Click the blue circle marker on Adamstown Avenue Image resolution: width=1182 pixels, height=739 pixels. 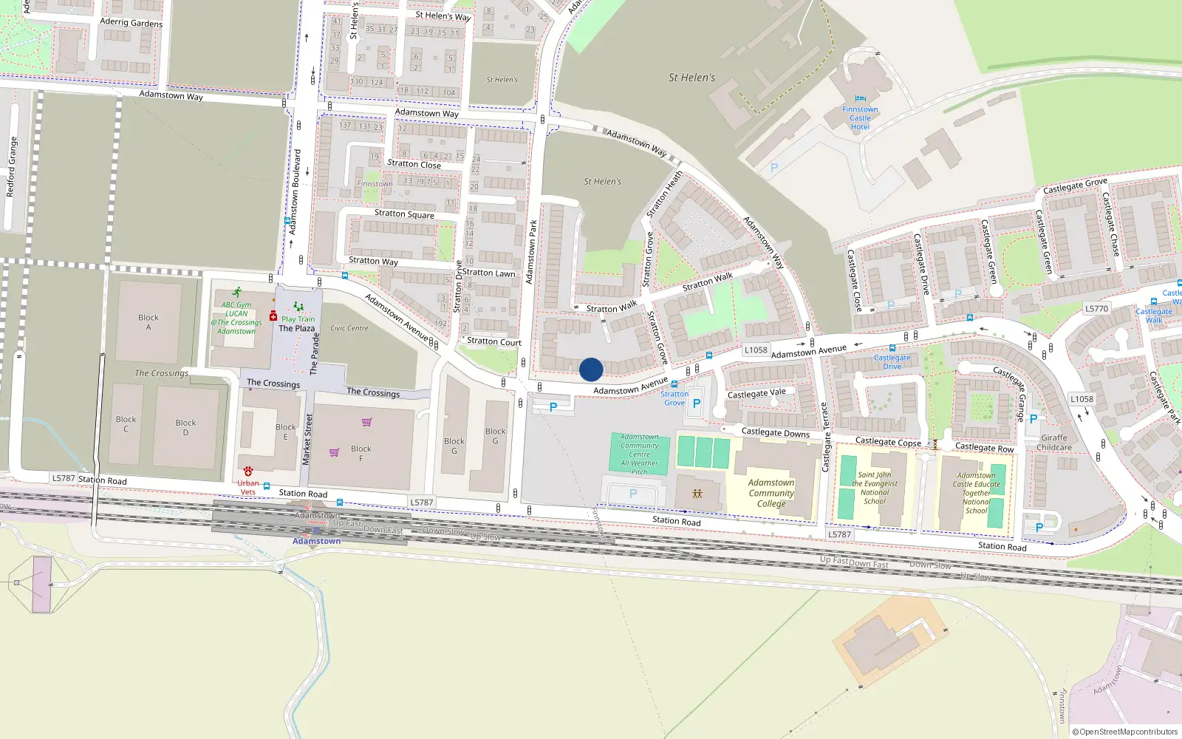pos(591,369)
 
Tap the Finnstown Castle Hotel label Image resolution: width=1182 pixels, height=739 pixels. pos(860,118)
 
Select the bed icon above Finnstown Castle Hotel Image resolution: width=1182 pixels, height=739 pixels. pos(860,98)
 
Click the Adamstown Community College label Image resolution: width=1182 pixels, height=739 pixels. pos(771,493)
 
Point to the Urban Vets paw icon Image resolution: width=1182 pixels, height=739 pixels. pos(248,471)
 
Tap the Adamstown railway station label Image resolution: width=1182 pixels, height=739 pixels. pos(316,541)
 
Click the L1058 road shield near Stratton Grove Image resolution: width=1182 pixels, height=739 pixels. pos(756,350)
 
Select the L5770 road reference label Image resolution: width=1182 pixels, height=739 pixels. pos(1096,309)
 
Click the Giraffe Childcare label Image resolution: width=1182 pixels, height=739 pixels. pos(1054,443)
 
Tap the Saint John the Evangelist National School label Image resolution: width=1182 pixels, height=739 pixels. pos(875,488)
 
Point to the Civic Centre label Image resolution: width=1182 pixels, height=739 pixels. pos(349,328)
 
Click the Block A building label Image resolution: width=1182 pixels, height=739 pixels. pos(148,322)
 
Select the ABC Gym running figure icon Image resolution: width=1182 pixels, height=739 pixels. pos(236,293)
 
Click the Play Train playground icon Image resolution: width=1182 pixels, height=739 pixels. pos(298,307)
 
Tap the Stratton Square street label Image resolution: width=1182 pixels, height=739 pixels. pos(404,214)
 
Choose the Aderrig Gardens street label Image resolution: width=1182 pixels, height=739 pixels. pos(131,23)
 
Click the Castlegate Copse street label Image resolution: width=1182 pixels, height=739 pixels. pos(888,442)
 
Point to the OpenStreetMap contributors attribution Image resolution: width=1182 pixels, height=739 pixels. pos(1124,732)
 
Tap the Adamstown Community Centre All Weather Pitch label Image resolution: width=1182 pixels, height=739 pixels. pos(640,454)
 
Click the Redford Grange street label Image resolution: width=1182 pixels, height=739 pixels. pos(11,166)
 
